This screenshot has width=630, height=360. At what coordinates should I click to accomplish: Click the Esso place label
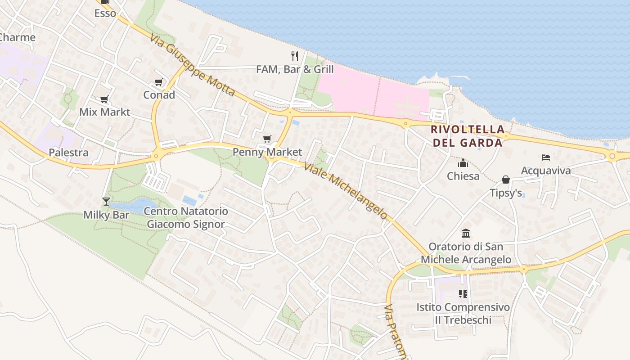click(105, 13)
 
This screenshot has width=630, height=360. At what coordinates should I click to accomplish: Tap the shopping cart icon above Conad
click(158, 82)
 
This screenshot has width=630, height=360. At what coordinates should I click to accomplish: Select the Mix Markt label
click(104, 112)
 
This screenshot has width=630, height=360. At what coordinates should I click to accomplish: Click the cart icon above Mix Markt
click(104, 99)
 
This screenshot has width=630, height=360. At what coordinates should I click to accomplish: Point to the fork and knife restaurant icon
click(295, 56)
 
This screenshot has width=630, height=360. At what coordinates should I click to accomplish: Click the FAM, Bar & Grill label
click(295, 69)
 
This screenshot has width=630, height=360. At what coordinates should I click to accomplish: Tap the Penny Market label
click(267, 152)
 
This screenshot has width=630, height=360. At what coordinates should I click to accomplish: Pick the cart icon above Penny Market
click(267, 139)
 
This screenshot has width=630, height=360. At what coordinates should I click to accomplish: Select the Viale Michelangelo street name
click(346, 191)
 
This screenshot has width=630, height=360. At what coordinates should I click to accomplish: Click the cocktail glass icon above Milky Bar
click(106, 202)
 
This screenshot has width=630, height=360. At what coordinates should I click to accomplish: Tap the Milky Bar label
click(106, 215)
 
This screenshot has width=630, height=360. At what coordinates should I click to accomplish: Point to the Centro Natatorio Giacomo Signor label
click(186, 217)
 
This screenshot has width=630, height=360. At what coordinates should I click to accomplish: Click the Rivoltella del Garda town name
click(467, 136)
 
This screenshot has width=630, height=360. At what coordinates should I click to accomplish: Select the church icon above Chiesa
click(463, 163)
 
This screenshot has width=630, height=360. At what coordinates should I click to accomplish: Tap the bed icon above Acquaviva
click(546, 157)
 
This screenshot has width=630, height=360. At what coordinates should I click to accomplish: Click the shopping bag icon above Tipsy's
click(506, 180)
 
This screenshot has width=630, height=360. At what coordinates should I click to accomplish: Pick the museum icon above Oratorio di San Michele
click(466, 234)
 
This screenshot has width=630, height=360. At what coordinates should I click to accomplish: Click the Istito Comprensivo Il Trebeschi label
click(463, 314)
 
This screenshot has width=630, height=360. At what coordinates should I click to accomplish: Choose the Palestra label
click(69, 153)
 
